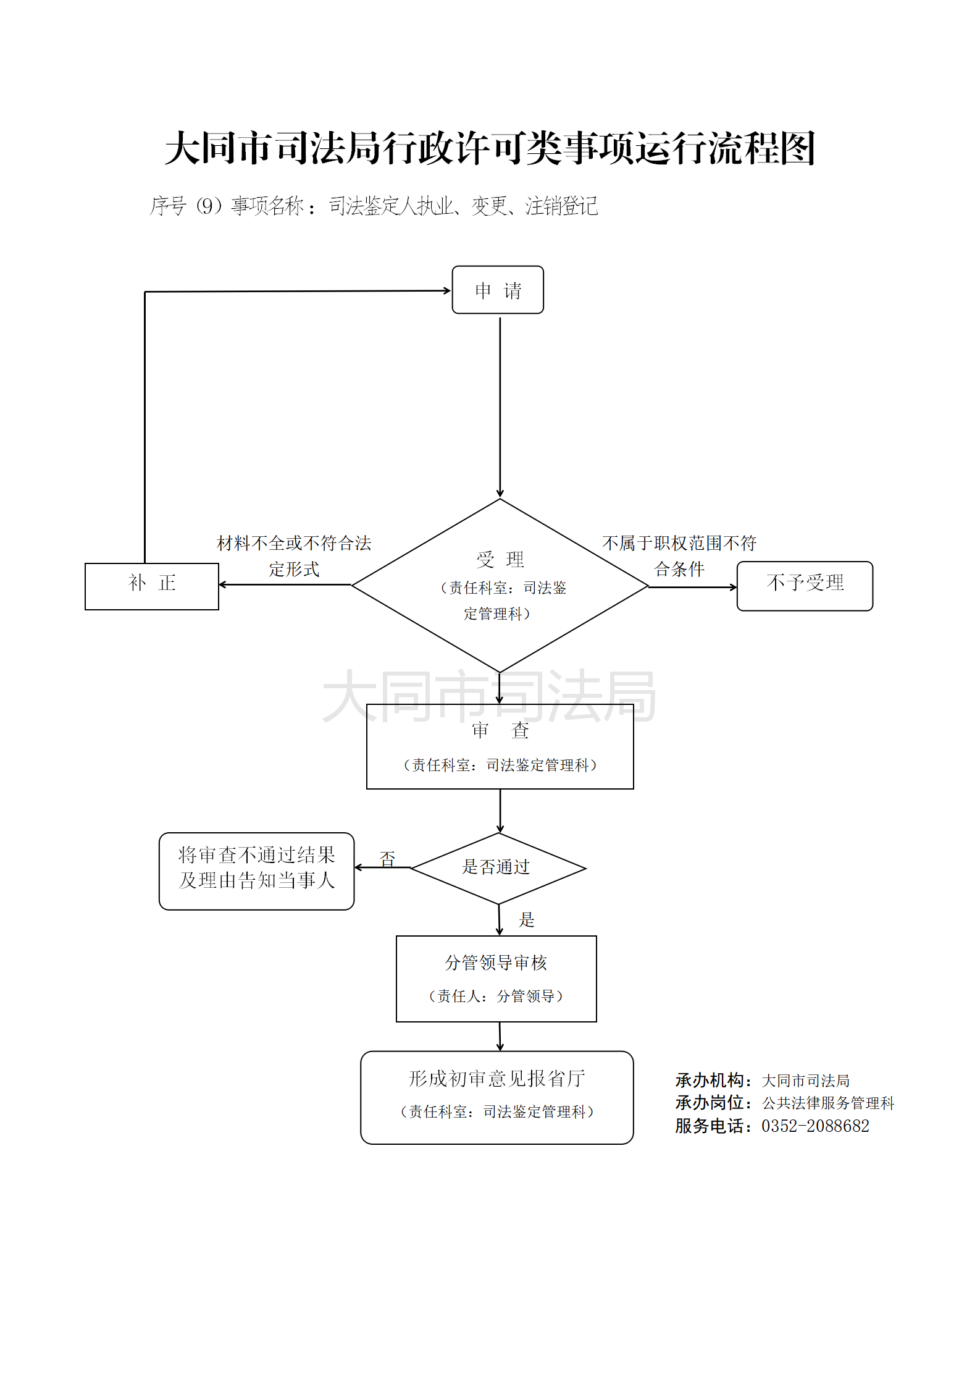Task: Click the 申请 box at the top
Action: (498, 290)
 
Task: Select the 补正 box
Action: (152, 586)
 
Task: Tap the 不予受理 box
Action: (805, 586)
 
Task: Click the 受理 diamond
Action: (500, 585)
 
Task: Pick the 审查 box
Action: (500, 747)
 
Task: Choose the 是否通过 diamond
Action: (498, 867)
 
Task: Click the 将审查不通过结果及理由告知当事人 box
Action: (256, 871)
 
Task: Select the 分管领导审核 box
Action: (496, 978)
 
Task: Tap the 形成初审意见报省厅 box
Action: (496, 1097)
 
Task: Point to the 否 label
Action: (387, 858)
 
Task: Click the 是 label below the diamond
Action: (526, 919)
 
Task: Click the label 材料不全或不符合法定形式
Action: (294, 555)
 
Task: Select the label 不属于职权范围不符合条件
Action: (679, 555)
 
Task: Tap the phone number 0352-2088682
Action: (815, 1126)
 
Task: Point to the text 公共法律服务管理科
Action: (828, 1103)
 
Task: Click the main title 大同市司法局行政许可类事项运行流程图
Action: (490, 148)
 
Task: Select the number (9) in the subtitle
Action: (209, 206)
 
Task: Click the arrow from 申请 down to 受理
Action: (500, 405)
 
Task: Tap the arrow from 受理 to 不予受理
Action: (692, 586)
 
